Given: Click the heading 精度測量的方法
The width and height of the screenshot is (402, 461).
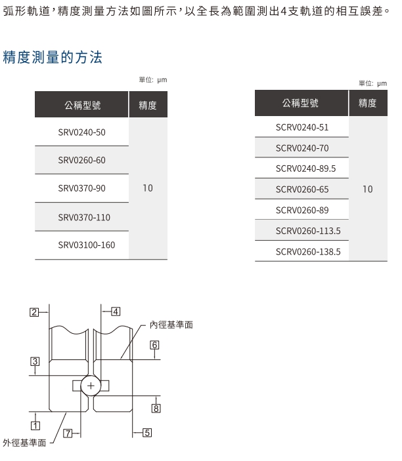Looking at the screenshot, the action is [53, 57].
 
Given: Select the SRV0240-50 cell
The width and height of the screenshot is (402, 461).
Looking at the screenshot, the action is [81, 132].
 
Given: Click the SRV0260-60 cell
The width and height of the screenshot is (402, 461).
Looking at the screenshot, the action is [81, 160].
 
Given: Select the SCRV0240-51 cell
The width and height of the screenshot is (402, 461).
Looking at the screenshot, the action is [302, 127].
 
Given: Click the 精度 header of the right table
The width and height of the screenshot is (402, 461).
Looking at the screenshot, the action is [368, 103].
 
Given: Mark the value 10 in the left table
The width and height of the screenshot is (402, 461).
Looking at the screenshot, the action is [148, 188].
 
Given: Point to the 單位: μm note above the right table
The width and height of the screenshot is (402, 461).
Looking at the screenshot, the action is [373, 83].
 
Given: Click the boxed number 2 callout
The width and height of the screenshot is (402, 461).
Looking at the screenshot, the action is [34, 312].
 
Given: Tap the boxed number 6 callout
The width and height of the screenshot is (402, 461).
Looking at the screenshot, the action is [154, 345].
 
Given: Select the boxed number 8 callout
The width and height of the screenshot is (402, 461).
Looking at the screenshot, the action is [156, 409].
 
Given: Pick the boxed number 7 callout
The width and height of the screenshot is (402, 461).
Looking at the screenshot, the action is [68, 433].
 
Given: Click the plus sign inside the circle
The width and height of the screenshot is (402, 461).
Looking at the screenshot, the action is [91, 386].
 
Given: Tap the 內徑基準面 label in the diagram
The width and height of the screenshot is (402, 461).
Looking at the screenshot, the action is [171, 325].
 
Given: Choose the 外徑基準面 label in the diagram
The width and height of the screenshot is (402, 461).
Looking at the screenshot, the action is [24, 443].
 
